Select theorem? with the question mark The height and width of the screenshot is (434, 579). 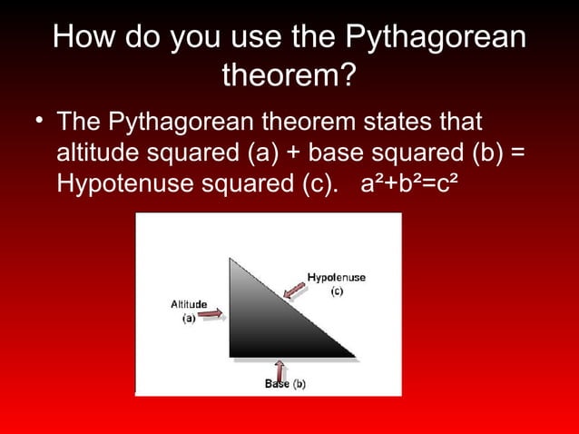click(x=289, y=78)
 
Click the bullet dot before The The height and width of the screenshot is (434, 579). click(x=41, y=123)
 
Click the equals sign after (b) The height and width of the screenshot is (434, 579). click(x=516, y=152)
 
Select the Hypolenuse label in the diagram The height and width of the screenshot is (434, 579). click(x=336, y=277)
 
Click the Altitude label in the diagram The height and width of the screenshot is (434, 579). click(x=189, y=304)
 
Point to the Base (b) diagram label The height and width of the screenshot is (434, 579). click(x=285, y=384)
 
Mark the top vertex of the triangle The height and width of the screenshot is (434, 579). click(x=231, y=260)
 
